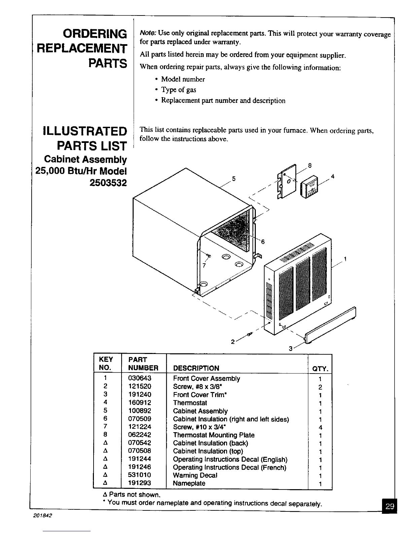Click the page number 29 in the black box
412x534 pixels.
click(x=390, y=506)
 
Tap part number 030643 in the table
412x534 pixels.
click(x=140, y=379)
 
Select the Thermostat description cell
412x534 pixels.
click(x=190, y=403)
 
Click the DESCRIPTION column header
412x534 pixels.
click(x=196, y=368)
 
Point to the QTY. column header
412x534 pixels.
click(x=320, y=368)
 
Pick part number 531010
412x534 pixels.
click(x=140, y=475)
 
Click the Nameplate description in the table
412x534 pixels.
click(x=189, y=483)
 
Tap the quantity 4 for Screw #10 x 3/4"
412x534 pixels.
click(x=320, y=427)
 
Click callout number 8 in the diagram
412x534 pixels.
click(x=310, y=166)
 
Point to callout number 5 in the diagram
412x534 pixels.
click(x=234, y=179)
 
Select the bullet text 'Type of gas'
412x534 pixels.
click(x=178, y=90)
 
